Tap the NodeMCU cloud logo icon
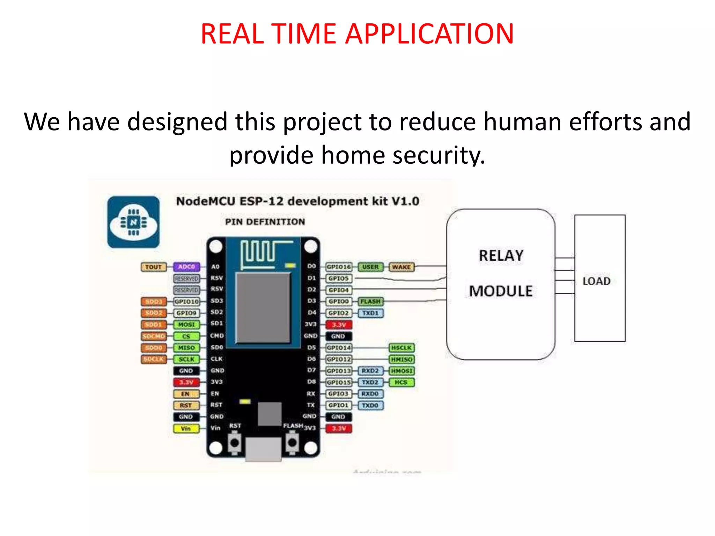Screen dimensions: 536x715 133,222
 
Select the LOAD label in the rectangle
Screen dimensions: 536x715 596,281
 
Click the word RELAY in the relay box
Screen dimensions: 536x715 501,255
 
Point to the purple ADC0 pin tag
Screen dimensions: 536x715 186,267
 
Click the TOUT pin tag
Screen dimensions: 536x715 154,267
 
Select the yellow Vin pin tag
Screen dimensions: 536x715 186,428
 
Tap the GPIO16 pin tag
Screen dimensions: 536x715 338,267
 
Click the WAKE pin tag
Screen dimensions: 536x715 401,267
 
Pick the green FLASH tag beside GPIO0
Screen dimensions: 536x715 370,301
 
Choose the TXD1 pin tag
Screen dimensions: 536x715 370,313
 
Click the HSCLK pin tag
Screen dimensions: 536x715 401,348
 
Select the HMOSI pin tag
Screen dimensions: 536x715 401,371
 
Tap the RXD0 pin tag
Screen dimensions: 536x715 370,394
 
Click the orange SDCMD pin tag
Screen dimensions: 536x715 154,336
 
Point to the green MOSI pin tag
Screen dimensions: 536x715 186,325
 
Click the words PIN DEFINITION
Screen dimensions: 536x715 265,222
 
